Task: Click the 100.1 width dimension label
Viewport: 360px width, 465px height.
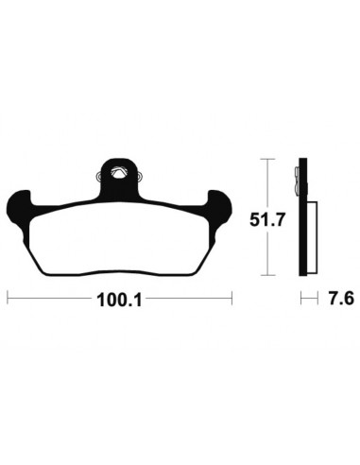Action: tap(120, 300)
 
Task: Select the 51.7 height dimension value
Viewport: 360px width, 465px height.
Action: tap(267, 219)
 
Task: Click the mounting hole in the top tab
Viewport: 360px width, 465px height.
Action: tap(118, 173)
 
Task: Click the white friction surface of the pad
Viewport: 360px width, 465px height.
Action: tap(120, 238)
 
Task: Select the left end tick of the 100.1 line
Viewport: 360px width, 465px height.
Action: tap(8, 298)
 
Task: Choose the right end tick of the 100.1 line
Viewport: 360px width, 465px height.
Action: tap(231, 298)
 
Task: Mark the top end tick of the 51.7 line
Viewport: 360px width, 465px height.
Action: tap(267, 160)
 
